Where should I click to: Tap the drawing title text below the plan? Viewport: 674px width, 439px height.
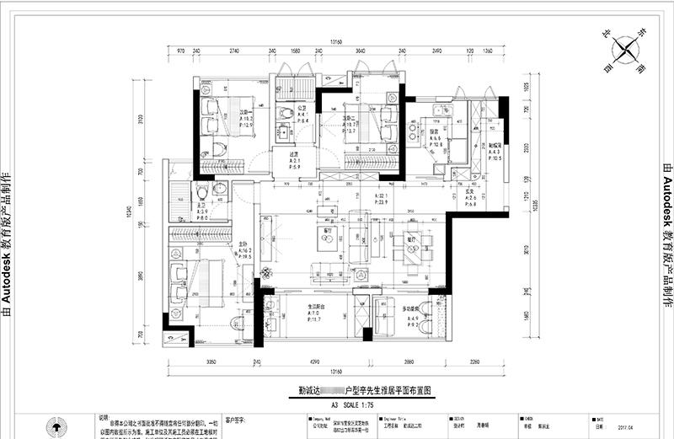point(353,391)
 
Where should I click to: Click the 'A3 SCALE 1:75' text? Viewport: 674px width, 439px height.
point(353,404)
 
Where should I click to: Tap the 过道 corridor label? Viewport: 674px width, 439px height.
point(294,154)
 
